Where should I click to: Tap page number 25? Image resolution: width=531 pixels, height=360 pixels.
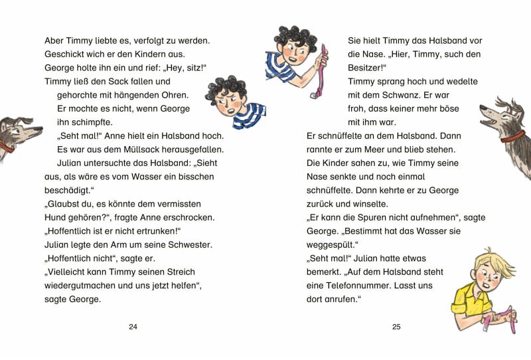tap(397, 327)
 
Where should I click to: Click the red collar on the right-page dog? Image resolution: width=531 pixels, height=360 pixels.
tap(512, 137)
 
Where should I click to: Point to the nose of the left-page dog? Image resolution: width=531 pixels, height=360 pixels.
tap(39, 128)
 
